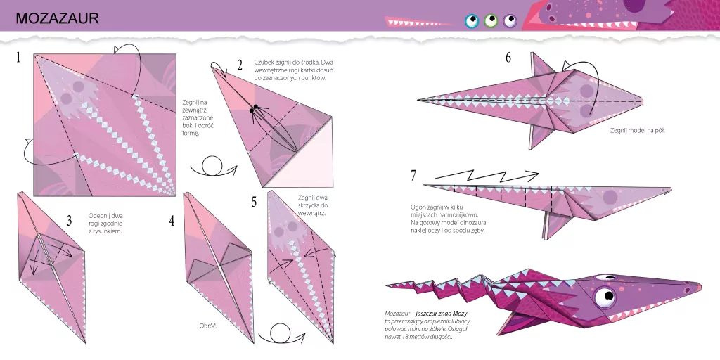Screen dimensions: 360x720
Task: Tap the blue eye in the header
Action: pyautogui.click(x=472, y=21)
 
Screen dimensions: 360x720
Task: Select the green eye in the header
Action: pyautogui.click(x=491, y=21)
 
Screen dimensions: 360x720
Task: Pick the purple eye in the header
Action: pyautogui.click(x=510, y=21)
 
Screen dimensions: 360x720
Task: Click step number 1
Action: pyautogui.click(x=18, y=58)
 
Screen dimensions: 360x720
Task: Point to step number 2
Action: pyautogui.click(x=240, y=65)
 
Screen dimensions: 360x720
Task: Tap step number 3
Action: pyautogui.click(x=69, y=221)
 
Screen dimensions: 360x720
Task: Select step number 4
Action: pyautogui.click(x=172, y=221)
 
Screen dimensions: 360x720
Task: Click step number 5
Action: pyautogui.click(x=254, y=202)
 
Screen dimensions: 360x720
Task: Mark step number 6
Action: pyautogui.click(x=508, y=58)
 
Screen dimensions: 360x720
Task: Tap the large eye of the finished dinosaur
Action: pyautogui.click(x=603, y=297)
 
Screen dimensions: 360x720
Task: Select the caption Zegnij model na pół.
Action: pyautogui.click(x=632, y=129)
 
